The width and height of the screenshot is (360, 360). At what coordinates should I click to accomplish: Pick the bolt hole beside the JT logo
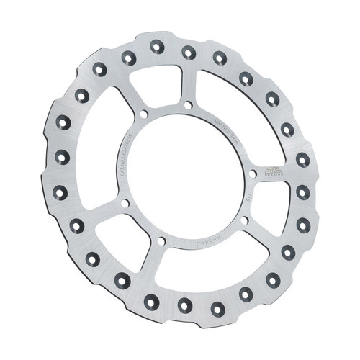252,174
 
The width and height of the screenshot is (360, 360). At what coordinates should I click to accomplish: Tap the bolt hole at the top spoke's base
188,105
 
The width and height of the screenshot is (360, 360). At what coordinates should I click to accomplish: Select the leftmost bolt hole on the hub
125,203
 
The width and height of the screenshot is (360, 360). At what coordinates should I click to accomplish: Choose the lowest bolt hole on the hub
161,240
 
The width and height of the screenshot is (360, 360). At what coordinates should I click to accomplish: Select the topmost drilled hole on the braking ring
157,47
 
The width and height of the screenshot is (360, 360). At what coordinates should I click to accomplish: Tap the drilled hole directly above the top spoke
189,52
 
